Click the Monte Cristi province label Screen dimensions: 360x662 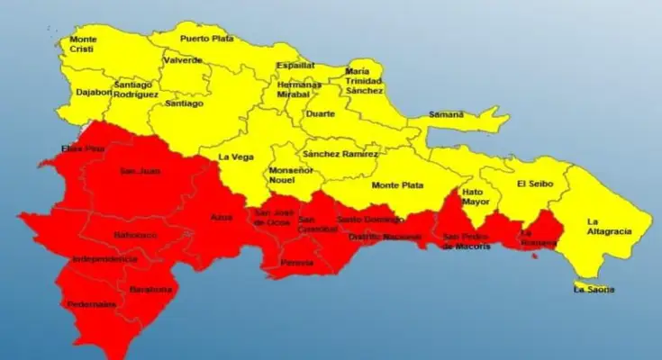(x=83, y=44)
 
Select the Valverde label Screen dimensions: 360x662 (x=182, y=60)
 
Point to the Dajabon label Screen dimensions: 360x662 (x=95, y=91)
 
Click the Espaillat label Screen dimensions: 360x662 (x=296, y=66)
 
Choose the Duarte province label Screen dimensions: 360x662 (x=320, y=114)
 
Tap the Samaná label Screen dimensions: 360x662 (x=446, y=114)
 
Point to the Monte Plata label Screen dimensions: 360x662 (x=395, y=185)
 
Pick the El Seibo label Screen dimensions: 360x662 (x=534, y=184)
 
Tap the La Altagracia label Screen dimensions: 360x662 (x=609, y=226)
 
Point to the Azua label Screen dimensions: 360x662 (x=222, y=217)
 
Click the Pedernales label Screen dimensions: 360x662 (x=91, y=304)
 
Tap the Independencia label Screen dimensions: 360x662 (x=104, y=259)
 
